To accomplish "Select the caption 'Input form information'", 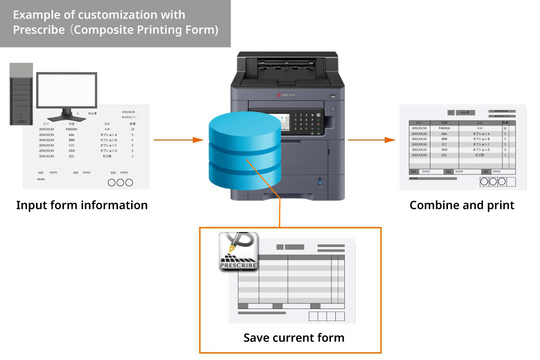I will point(82,205).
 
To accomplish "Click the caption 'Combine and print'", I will point(462,205).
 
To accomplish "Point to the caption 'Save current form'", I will point(294,337).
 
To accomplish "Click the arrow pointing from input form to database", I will point(178,140).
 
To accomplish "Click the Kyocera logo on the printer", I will point(286,94).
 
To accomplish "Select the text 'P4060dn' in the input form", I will point(72,129).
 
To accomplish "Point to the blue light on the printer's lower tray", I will point(319,181).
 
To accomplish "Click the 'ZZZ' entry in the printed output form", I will point(444,155).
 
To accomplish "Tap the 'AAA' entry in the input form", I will point(72,134).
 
